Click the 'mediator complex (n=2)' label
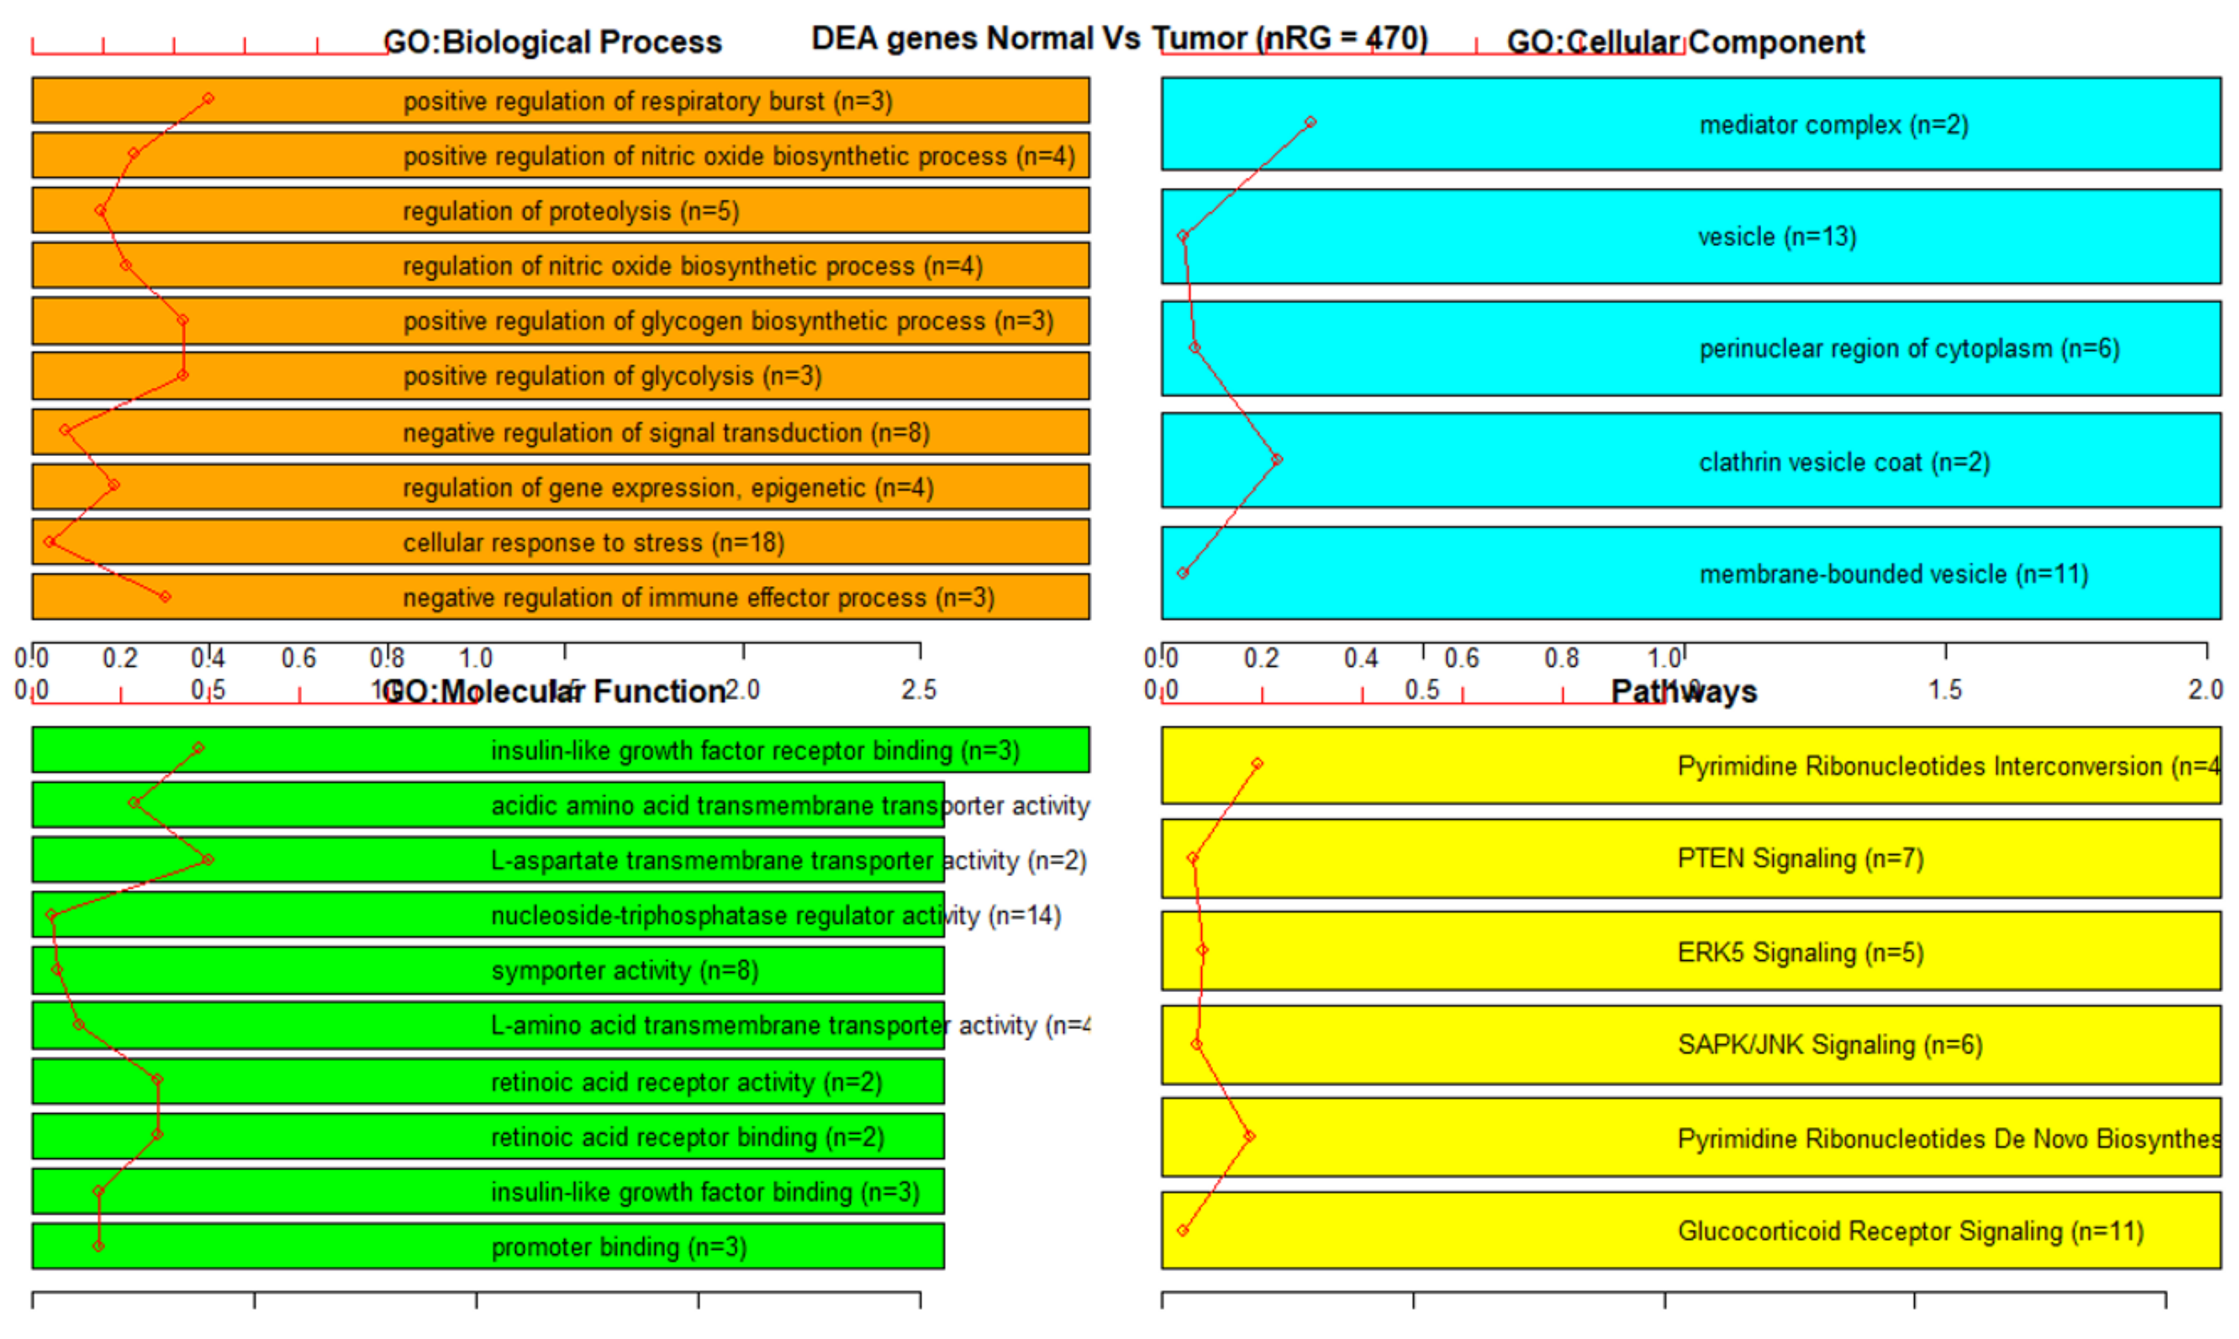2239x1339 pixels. [1833, 125]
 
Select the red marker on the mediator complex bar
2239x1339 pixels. [1310, 122]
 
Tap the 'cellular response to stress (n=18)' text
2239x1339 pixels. [593, 542]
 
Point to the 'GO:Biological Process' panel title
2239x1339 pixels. [552, 42]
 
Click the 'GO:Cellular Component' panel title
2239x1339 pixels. [1684, 42]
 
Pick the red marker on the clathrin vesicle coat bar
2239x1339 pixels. [1276, 460]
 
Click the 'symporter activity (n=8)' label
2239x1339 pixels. [625, 970]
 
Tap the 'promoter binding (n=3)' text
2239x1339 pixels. [618, 1247]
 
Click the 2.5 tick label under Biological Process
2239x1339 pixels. [919, 690]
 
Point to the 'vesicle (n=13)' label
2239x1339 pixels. [1776, 237]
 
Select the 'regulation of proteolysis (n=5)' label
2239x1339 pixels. [570, 211]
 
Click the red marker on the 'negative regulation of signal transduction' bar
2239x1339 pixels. [65, 430]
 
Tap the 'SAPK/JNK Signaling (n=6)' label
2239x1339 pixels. [1829, 1045]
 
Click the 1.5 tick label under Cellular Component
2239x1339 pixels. [1945, 690]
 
